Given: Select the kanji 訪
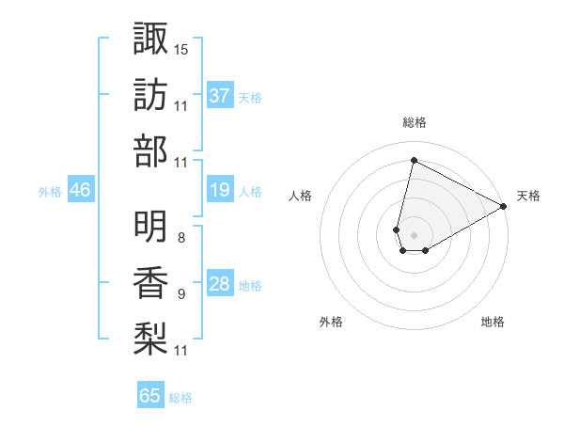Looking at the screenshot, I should pos(150,96).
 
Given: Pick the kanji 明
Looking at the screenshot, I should pos(150,226).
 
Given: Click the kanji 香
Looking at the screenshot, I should pos(150,283).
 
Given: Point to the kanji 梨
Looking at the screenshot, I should pos(150,338).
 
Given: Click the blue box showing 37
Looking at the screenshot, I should pos(219,96).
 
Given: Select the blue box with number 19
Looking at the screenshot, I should pos(219,191).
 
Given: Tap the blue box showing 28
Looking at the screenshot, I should pos(219,285).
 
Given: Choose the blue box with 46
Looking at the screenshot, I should pos(80,191).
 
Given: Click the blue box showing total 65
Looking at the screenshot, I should pos(150,396).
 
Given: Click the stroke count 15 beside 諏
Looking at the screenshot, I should pos(181,48).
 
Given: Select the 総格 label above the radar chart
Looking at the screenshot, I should pos(414,122).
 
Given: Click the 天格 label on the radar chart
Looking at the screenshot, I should pos(528,196).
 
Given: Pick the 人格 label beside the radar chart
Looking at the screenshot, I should pos(300,196).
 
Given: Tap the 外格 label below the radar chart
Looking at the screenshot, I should pos(331,323).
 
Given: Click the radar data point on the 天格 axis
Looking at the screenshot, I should pos(505,207).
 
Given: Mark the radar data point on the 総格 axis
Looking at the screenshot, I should pos(414,161).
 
